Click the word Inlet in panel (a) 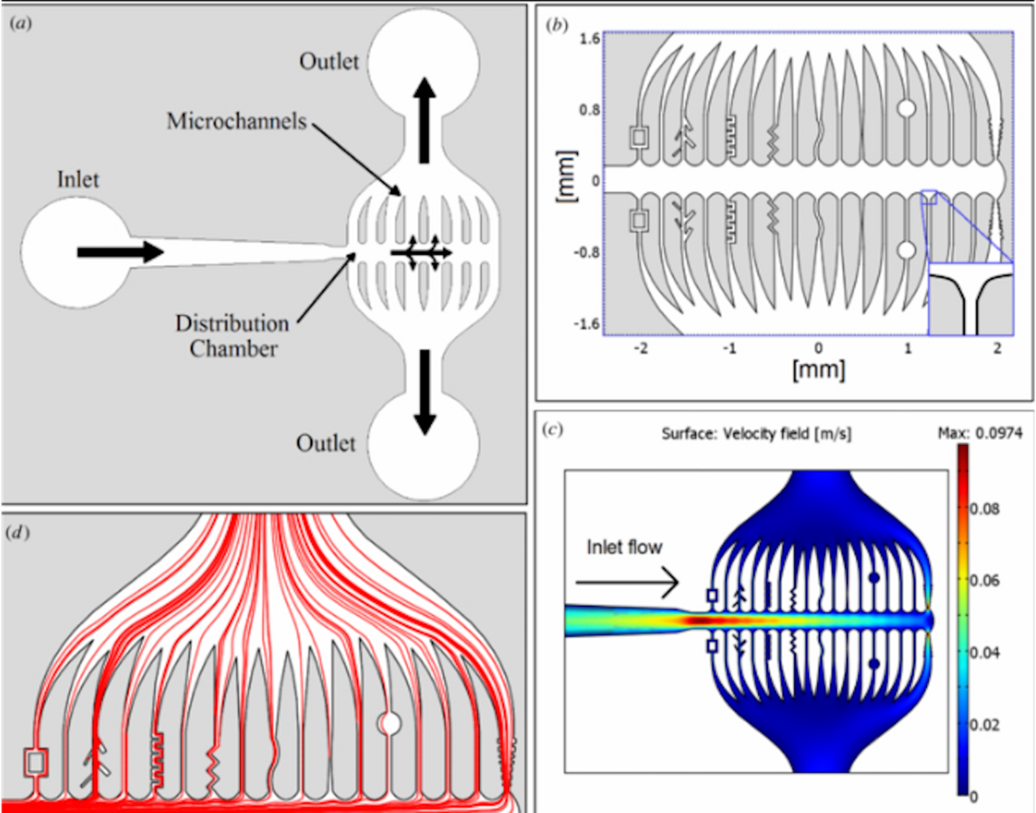(x=75, y=180)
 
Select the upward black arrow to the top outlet (x=424, y=119)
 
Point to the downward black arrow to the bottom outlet (x=423, y=389)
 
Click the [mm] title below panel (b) (x=818, y=371)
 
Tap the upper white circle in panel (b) (x=905, y=108)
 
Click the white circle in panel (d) (x=390, y=723)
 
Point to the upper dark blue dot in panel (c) (x=874, y=577)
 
